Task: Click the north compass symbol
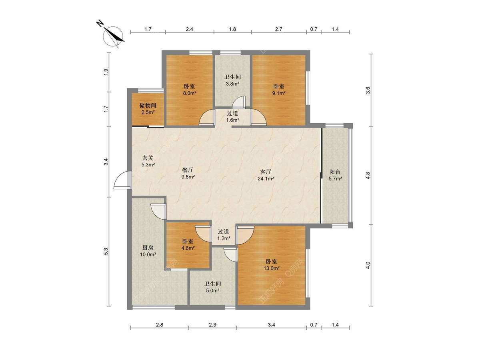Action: [x=113, y=36]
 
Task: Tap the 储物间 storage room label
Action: [x=148, y=106]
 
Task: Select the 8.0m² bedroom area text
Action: [x=190, y=93]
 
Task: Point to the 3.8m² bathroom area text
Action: [x=232, y=84]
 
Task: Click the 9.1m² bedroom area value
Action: [x=279, y=93]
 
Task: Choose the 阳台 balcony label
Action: [x=335, y=172]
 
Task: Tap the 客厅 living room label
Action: [x=266, y=172]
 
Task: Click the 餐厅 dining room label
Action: [x=188, y=170]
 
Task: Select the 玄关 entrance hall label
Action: [x=148, y=158]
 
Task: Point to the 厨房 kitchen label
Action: [x=148, y=248]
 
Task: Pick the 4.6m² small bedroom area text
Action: [x=188, y=248]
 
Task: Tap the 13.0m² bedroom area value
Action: [x=272, y=268]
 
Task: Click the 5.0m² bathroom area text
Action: [x=212, y=290]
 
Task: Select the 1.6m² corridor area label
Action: [x=232, y=120]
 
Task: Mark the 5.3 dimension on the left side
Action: [x=106, y=251]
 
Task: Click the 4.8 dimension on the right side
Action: [x=368, y=176]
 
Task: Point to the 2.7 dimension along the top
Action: [x=278, y=29]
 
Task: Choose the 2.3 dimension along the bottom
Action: [x=212, y=331]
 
